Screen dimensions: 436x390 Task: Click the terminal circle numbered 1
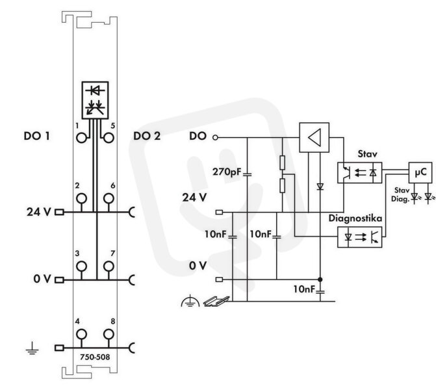tap(81, 138)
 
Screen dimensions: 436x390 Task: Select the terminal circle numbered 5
tap(109, 138)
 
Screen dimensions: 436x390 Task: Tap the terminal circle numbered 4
tap(81, 334)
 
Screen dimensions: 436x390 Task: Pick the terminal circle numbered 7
tap(109, 266)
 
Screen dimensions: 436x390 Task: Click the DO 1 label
tap(36, 136)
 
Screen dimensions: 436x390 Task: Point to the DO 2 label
tap(147, 136)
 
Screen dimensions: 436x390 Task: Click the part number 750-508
tap(95, 357)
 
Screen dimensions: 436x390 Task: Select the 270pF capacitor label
tap(227, 172)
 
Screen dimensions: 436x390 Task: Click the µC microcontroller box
tap(420, 172)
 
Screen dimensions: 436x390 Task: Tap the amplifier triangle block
tap(314, 137)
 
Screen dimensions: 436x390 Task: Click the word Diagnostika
tap(355, 218)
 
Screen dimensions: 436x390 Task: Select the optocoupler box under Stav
tap(359, 173)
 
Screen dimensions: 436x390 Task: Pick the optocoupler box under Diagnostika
tap(359, 237)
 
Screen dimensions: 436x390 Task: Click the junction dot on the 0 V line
tap(320, 279)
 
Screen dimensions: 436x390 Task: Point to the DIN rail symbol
tap(216, 301)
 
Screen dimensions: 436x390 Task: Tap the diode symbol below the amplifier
tap(320, 187)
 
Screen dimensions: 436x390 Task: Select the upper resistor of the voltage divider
tap(282, 162)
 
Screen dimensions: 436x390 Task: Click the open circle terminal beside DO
tap(215, 137)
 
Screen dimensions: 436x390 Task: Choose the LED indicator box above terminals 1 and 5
tap(95, 100)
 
